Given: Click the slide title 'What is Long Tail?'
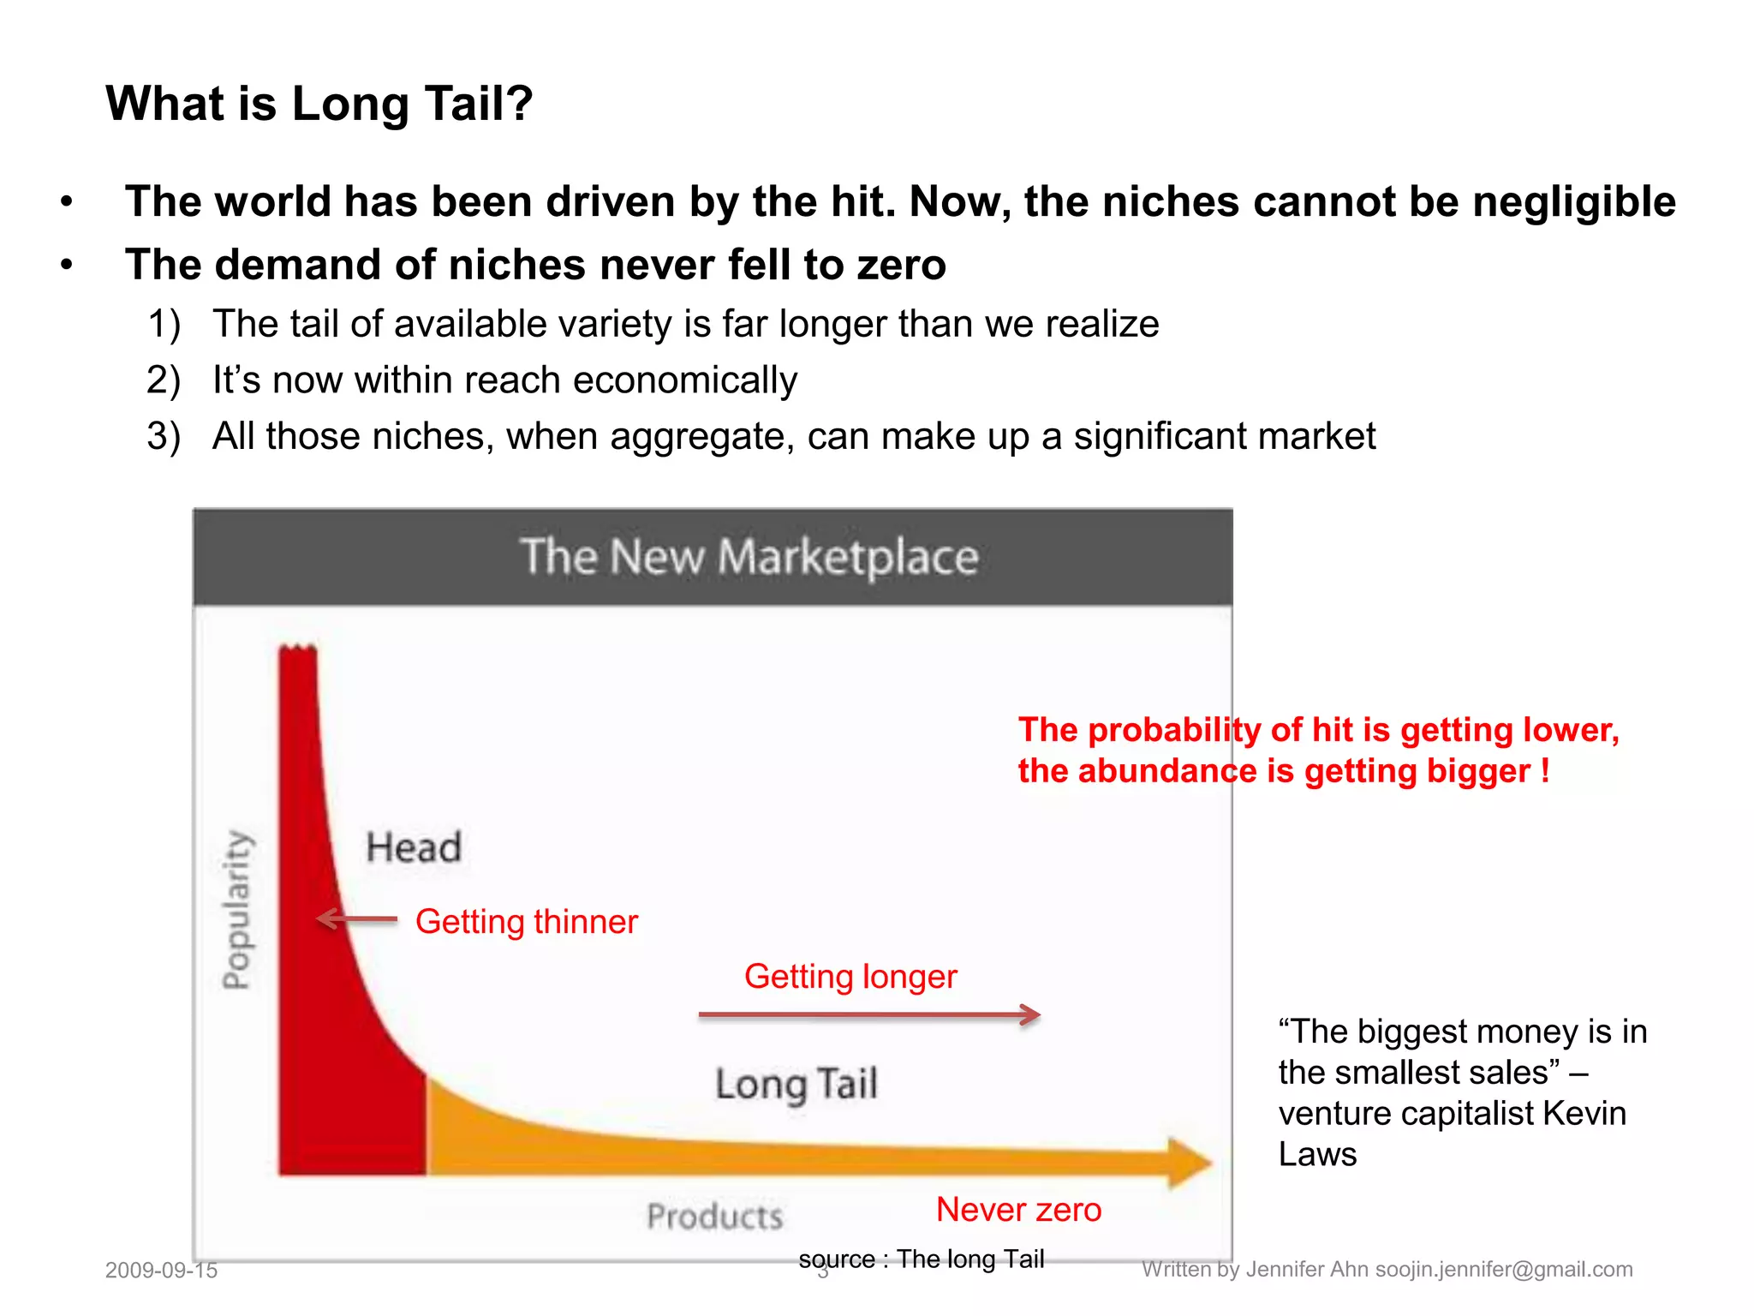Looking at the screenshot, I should pyautogui.click(x=319, y=104).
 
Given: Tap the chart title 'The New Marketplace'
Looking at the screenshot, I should pyautogui.click(x=749, y=557).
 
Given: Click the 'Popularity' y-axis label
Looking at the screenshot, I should pyautogui.click(x=237, y=910).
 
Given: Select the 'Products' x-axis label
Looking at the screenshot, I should pyautogui.click(x=714, y=1217).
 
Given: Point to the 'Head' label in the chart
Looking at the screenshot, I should pyautogui.click(x=414, y=847).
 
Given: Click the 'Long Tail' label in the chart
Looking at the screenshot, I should pyautogui.click(x=796, y=1084).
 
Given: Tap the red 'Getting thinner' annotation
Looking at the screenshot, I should pyautogui.click(x=527, y=922).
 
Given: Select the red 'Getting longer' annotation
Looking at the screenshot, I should pyautogui.click(x=850, y=977).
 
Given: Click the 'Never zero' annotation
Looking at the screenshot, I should pyautogui.click(x=1018, y=1210).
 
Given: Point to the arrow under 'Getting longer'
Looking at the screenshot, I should pyautogui.click(x=869, y=1015).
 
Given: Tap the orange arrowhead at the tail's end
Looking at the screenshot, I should pyautogui.click(x=1190, y=1163).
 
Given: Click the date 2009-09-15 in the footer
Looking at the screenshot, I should pyautogui.click(x=161, y=1270).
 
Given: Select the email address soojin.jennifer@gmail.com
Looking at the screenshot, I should pyautogui.click(x=1504, y=1269).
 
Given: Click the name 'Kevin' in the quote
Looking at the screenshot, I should pyautogui.click(x=1584, y=1113).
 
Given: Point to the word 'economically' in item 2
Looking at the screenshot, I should pyautogui.click(x=685, y=380).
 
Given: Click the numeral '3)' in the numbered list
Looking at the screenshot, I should pyautogui.click(x=164, y=436).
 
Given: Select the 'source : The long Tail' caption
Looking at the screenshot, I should pyautogui.click(x=922, y=1259).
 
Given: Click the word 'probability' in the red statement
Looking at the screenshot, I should pyautogui.click(x=1174, y=730).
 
